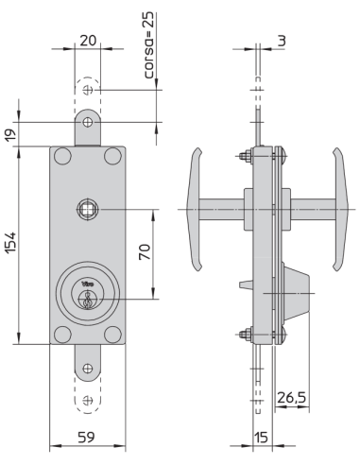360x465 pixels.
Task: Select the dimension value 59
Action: [87, 438]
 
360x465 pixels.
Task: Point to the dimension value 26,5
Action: [291, 400]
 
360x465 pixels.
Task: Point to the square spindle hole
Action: [87, 208]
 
